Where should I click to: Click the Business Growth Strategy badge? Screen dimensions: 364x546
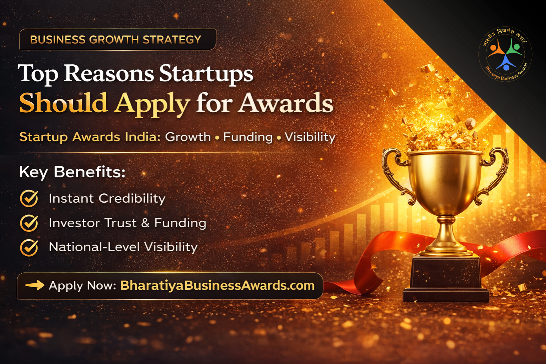tap(117, 39)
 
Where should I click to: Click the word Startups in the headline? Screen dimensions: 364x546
tap(206, 74)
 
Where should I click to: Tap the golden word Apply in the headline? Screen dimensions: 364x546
tap(152, 103)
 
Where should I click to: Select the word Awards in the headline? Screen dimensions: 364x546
tap(286, 103)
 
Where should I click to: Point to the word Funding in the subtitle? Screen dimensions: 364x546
tap(248, 137)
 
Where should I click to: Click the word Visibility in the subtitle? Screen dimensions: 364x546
tap(310, 137)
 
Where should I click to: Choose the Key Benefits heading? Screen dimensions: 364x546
tap(72, 172)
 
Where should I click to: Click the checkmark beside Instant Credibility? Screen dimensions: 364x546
tap(29, 198)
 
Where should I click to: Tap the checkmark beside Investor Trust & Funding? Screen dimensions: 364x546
tap(29, 223)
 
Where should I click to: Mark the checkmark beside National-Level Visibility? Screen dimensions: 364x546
tap(29, 247)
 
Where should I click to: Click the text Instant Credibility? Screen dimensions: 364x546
tap(107, 198)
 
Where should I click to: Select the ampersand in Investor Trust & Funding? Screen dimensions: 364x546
tap(145, 223)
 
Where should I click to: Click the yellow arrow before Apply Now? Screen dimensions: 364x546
tap(34, 285)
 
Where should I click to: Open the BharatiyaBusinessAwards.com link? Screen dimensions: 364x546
tap(217, 285)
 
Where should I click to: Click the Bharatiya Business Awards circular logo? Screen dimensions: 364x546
tap(505, 54)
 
